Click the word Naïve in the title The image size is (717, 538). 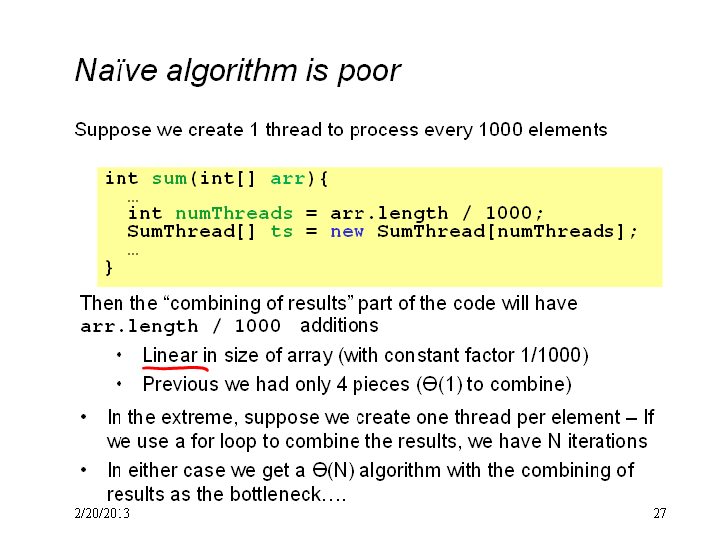[x=117, y=70]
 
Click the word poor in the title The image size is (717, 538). [x=369, y=73]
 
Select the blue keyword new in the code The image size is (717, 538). [x=348, y=231]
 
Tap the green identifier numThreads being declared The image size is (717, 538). [x=234, y=213]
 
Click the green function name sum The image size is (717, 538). [x=169, y=179]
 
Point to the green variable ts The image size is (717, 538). [x=281, y=231]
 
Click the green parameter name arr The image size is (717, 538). [x=287, y=179]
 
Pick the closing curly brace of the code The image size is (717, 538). [x=109, y=267]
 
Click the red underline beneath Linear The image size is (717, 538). [x=176, y=367]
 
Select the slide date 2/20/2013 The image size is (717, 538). [x=102, y=513]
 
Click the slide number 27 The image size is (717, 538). [x=660, y=513]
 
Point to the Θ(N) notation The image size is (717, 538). [x=333, y=470]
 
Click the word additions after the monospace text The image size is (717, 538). [x=340, y=325]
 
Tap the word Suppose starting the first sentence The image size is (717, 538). [x=113, y=131]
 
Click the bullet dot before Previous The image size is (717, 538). [x=119, y=384]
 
